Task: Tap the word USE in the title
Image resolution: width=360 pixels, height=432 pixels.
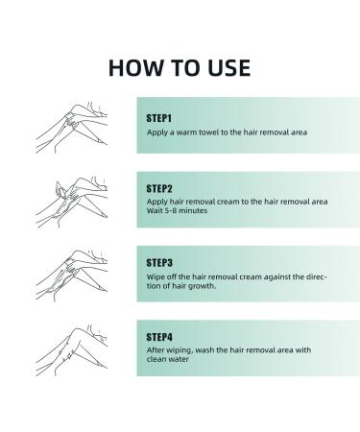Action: click(x=229, y=68)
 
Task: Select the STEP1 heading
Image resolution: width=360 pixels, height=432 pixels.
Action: click(x=159, y=118)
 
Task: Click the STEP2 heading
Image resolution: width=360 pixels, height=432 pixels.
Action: click(x=159, y=188)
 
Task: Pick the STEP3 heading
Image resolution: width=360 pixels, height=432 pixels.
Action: click(x=159, y=263)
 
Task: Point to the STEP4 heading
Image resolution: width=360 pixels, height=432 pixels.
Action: click(x=159, y=337)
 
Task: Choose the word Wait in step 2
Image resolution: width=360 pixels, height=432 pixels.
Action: click(x=155, y=210)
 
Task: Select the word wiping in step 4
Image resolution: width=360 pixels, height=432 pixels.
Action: click(x=180, y=350)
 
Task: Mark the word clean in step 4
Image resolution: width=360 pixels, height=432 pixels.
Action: click(x=156, y=359)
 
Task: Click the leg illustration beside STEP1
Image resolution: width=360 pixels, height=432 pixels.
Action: click(x=72, y=127)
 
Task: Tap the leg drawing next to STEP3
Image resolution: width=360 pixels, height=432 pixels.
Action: click(x=72, y=276)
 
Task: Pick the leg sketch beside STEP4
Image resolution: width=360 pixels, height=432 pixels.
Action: click(x=72, y=349)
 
